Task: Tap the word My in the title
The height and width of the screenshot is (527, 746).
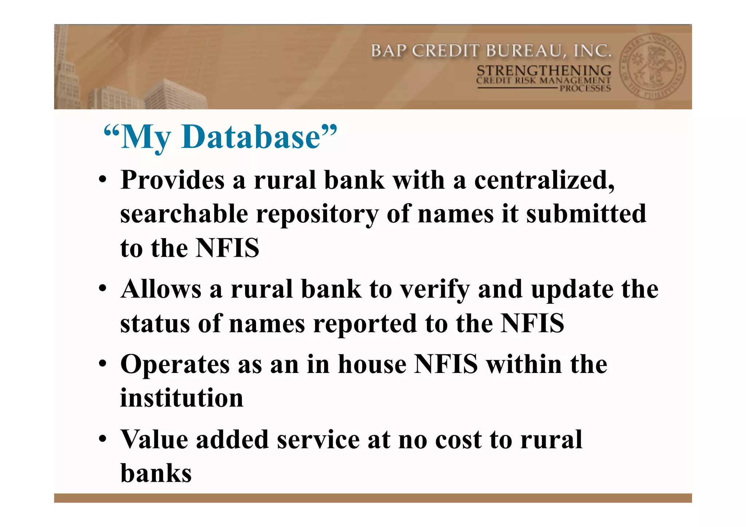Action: pyautogui.click(x=146, y=138)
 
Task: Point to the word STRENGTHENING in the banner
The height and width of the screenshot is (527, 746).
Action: pyautogui.click(x=544, y=70)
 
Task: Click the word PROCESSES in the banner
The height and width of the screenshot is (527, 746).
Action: pyautogui.click(x=585, y=88)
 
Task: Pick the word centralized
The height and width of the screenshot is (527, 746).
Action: pyautogui.click(x=544, y=180)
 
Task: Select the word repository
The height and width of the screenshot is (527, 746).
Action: pyautogui.click(x=317, y=215)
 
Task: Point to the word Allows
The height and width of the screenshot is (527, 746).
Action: pyautogui.click(x=161, y=289)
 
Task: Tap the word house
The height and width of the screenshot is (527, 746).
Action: pyautogui.click(x=372, y=364)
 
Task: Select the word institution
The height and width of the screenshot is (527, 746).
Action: pyautogui.click(x=182, y=398)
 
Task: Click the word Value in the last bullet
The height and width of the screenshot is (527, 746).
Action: pyautogui.click(x=154, y=440)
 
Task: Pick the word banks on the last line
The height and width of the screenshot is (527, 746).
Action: pyautogui.click(x=156, y=473)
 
